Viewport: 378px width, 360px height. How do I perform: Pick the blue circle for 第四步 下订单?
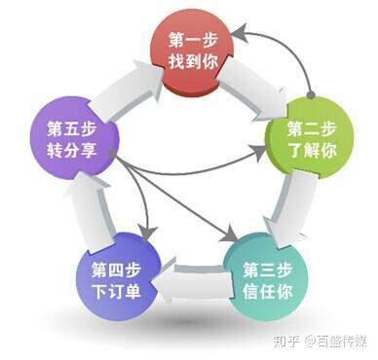114,274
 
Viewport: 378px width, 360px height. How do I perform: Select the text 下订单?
114,287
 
